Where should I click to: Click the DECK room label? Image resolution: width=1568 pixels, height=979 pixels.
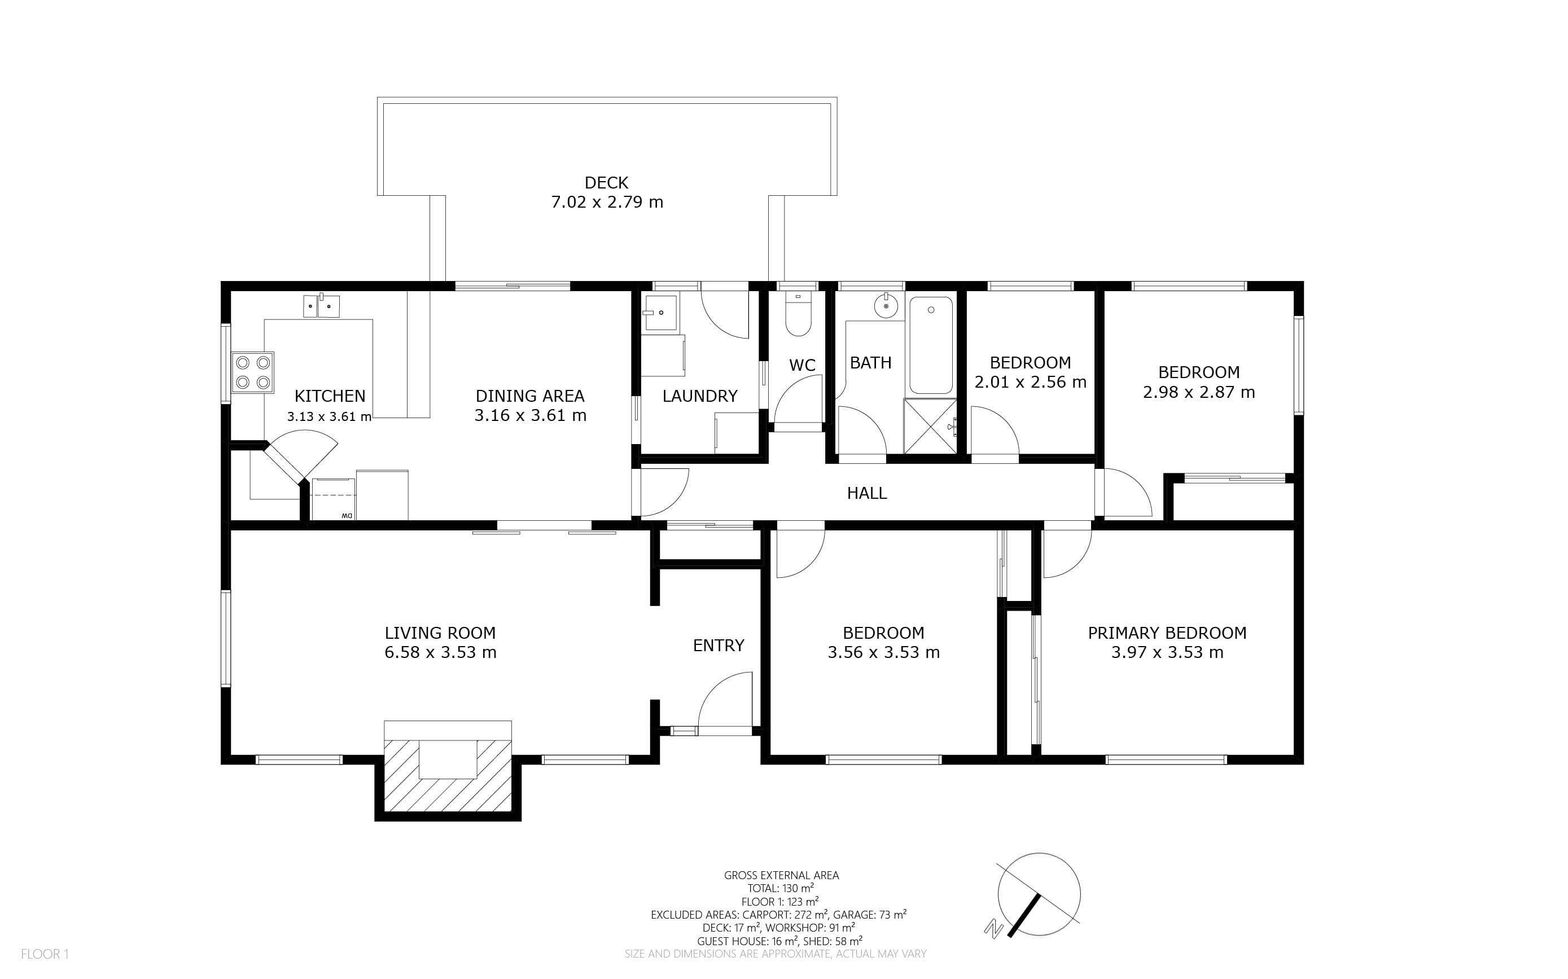(606, 183)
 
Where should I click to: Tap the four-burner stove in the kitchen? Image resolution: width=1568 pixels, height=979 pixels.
(253, 372)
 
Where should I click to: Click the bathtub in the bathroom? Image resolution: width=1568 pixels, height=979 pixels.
(931, 345)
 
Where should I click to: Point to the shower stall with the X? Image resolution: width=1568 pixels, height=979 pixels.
(930, 426)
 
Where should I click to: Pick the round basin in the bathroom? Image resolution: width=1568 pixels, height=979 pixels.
(886, 306)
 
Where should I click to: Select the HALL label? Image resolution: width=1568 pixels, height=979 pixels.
(866, 493)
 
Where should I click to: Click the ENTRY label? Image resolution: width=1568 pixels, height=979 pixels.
(719, 646)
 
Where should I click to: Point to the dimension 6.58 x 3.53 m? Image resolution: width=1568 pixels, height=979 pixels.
(440, 653)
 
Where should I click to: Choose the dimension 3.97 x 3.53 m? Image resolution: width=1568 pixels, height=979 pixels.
(1167, 653)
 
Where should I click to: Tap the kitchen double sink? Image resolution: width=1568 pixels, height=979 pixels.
(321, 306)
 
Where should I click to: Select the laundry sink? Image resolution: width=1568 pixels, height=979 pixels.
(660, 312)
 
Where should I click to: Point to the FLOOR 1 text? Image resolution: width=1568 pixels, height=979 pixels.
(45, 954)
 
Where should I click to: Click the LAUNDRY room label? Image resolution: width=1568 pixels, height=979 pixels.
(699, 396)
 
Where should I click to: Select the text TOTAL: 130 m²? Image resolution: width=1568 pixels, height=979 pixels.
(781, 888)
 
